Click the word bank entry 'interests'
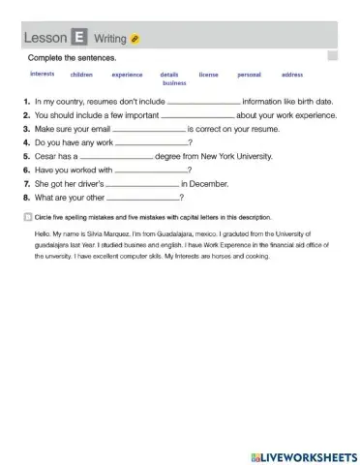43,74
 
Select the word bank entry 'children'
81,75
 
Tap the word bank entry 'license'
208,75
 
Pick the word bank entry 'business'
174,83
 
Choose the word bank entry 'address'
292,75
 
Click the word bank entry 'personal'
249,75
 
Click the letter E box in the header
78,37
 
